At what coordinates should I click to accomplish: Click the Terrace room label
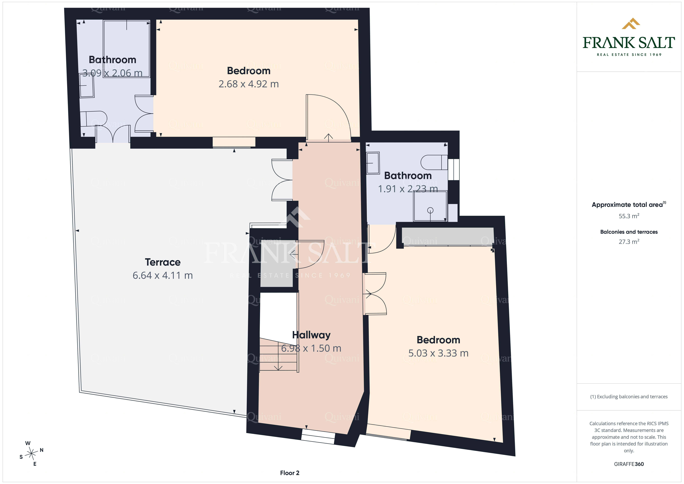[x=163, y=262]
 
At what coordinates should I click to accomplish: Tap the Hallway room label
[x=311, y=335]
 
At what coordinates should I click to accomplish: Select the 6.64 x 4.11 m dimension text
[x=163, y=275]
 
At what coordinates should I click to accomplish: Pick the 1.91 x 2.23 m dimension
[x=408, y=189]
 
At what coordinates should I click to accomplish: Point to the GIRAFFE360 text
[x=629, y=464]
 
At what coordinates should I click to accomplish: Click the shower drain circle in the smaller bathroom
[x=430, y=210]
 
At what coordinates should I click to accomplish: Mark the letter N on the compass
[x=42, y=450]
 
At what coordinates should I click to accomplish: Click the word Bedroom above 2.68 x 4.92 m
[x=249, y=71]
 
